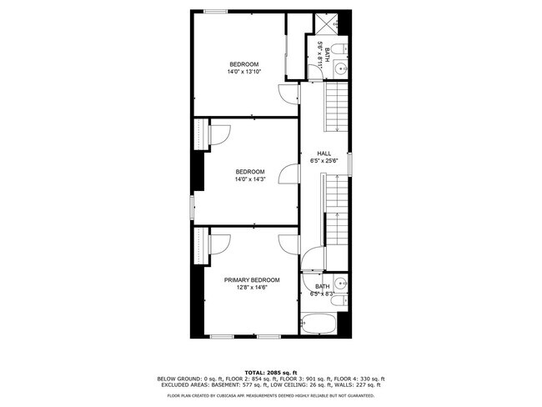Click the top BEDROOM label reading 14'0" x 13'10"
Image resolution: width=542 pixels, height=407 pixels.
coord(244,68)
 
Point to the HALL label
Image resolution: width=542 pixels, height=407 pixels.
coord(324,153)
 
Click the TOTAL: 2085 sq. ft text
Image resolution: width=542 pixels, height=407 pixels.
coord(270,371)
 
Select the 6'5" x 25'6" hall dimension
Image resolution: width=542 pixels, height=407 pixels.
coord(324,161)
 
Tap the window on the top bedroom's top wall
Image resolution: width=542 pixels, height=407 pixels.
coord(215,11)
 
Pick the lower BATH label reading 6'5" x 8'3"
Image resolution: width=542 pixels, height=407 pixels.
coord(322,290)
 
